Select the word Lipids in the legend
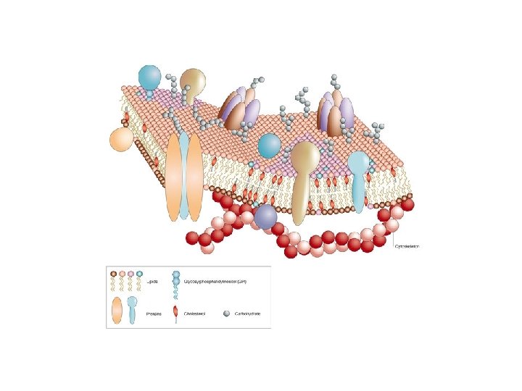pyautogui.click(x=152, y=282)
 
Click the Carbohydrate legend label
pyautogui.click(x=246, y=314)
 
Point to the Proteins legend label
pyautogui.click(x=153, y=314)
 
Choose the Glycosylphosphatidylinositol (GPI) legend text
pyautogui.click(x=216, y=282)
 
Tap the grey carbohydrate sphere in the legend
pyautogui.click(x=228, y=313)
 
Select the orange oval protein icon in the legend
pyautogui.click(x=116, y=311)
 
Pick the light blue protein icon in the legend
pyautogui.click(x=132, y=309)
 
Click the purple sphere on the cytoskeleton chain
pyautogui.click(x=265, y=216)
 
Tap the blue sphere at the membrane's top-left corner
pyautogui.click(x=149, y=76)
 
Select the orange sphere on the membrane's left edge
pyautogui.click(x=120, y=139)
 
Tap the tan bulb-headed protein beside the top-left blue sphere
pyautogui.click(x=192, y=80)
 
